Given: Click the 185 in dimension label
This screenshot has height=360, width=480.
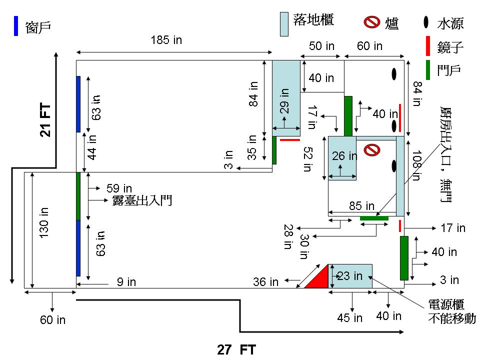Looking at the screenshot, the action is click(x=166, y=40).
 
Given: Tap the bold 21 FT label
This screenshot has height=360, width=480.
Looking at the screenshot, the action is click(x=45, y=120).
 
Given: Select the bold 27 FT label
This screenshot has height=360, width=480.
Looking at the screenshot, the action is click(x=236, y=349).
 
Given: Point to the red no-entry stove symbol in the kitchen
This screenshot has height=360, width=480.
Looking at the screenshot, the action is click(x=372, y=150).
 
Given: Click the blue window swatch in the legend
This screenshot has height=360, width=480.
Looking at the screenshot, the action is click(x=16, y=26).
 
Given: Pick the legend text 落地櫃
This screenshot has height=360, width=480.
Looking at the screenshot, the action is click(x=313, y=19).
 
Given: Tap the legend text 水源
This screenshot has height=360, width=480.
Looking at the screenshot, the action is click(x=450, y=23).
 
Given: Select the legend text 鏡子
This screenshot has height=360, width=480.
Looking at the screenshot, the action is click(x=450, y=47).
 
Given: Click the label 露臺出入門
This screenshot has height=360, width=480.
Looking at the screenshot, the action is click(x=142, y=200).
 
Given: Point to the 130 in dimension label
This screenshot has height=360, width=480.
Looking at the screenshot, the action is click(x=44, y=222).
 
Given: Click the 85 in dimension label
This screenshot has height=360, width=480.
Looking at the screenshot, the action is click(x=362, y=205).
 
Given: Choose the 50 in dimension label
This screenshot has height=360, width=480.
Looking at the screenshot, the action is click(x=321, y=46).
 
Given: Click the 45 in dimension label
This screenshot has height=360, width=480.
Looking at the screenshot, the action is click(x=349, y=318).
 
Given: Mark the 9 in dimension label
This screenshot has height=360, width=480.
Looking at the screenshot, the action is click(x=126, y=282).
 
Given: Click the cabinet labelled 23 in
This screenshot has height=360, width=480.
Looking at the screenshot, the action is click(x=350, y=276).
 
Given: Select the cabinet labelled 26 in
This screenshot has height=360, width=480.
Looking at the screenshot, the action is click(x=342, y=158).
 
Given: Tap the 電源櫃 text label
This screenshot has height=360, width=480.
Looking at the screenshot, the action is click(x=446, y=304).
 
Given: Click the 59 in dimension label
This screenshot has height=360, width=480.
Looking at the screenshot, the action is click(x=119, y=188).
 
